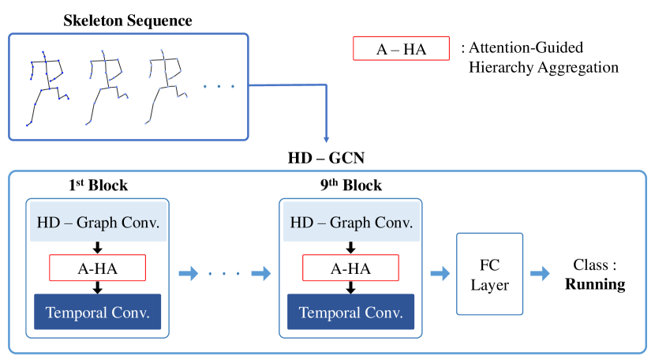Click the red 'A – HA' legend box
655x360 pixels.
coord(401,49)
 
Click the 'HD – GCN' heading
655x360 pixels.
coord(327,158)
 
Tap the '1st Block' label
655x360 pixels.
coord(98,186)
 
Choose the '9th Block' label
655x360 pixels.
coord(351,186)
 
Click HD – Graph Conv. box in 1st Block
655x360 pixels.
coord(98,223)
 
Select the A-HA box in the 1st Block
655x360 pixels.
coord(98,268)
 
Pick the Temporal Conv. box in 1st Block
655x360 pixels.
coord(98,313)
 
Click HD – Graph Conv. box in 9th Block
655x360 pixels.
coord(351,223)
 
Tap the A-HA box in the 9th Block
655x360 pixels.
coord(351,268)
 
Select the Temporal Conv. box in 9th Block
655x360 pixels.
coord(351,313)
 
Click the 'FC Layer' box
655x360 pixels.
coord(490,274)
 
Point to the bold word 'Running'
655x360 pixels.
coord(595,285)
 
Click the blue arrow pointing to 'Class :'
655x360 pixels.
coord(541,274)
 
